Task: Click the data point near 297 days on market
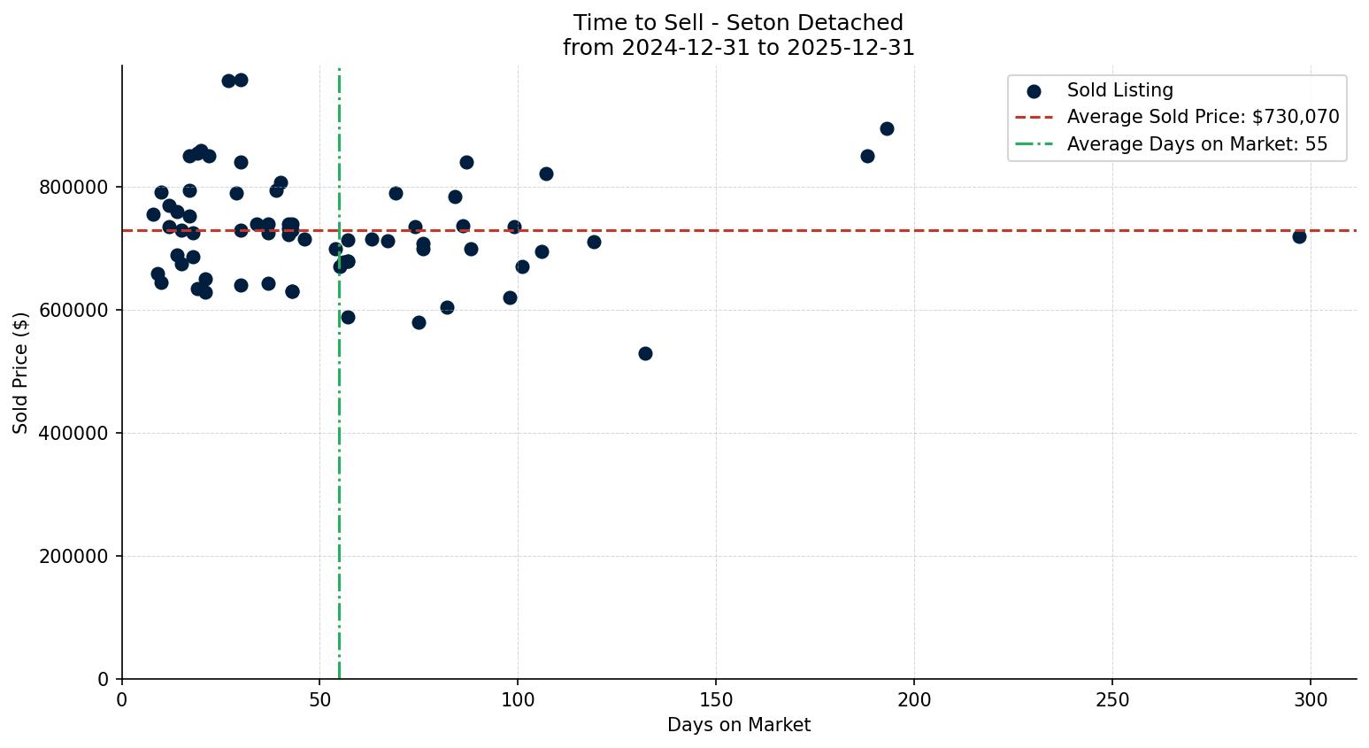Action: (x=1299, y=236)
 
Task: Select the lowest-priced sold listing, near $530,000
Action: (x=645, y=353)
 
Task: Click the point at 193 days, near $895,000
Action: (x=887, y=128)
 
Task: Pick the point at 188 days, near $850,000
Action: (x=867, y=156)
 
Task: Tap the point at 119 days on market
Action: (x=594, y=242)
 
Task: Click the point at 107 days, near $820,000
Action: (x=546, y=174)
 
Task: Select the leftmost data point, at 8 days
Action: (x=153, y=214)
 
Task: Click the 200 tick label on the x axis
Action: (x=914, y=700)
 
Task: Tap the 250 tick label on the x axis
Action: (x=1112, y=700)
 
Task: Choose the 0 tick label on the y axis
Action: (x=104, y=679)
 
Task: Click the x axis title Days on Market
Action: (x=739, y=725)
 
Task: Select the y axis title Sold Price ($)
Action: (x=21, y=372)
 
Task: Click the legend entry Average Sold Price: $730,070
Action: (x=1203, y=117)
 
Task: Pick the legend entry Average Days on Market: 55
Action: (x=1196, y=144)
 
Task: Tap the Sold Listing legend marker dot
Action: (x=1034, y=90)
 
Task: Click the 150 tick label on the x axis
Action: (x=716, y=700)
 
